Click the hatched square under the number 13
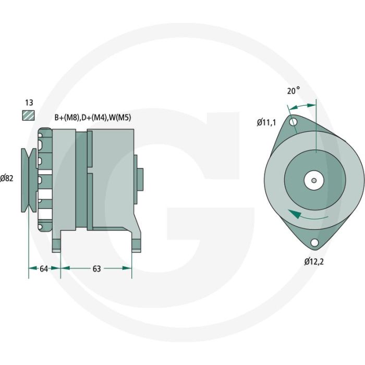click(28, 116)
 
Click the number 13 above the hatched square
click(28, 103)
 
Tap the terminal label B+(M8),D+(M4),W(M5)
click(92, 118)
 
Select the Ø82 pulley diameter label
click(7, 178)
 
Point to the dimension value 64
click(44, 269)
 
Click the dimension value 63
click(96, 269)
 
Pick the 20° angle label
click(294, 90)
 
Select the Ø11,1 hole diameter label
click(266, 123)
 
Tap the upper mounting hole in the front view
click(294, 123)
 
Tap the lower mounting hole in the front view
click(314, 243)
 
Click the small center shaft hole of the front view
click(313, 181)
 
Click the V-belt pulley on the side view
click(27, 180)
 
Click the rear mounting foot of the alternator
click(136, 242)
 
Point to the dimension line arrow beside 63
click(125, 269)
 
